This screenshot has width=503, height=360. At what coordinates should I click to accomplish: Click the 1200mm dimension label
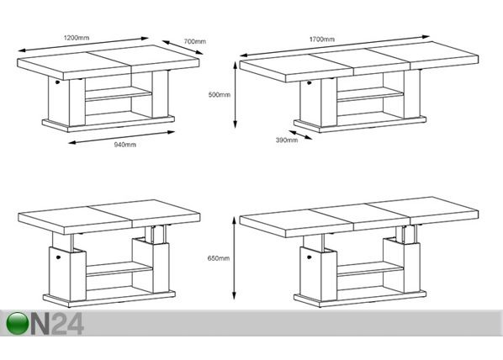(x=77, y=38)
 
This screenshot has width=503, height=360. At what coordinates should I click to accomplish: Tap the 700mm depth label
(x=194, y=41)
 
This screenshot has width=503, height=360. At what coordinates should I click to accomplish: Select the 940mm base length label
(x=125, y=145)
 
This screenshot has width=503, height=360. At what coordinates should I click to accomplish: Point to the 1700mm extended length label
(x=322, y=40)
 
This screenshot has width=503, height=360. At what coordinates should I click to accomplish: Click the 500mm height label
(x=219, y=95)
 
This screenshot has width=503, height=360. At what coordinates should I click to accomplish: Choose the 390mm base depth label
(x=287, y=140)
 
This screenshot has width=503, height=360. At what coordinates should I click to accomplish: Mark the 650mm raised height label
(x=219, y=258)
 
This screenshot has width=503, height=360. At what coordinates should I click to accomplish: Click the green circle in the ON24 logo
(x=17, y=324)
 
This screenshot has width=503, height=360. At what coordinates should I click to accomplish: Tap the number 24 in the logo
(x=67, y=324)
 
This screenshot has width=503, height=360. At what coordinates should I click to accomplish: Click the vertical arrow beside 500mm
(x=236, y=95)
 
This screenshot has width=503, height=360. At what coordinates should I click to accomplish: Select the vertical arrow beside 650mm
(x=235, y=258)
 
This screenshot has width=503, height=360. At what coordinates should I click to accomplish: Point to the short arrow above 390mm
(x=300, y=135)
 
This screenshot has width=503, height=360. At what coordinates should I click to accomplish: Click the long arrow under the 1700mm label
(x=335, y=46)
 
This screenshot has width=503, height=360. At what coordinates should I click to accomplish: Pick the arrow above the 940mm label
(x=122, y=137)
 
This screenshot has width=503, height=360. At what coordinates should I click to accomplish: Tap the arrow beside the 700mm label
(x=183, y=47)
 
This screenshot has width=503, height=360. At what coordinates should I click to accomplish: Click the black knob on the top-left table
(x=57, y=82)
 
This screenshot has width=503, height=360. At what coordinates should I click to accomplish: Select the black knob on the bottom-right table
(x=310, y=257)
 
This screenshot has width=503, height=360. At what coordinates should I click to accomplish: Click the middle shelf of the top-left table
(x=119, y=94)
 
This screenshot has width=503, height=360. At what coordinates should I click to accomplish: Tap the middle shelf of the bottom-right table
(x=370, y=269)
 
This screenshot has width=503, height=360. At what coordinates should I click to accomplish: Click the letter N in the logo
(x=40, y=324)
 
